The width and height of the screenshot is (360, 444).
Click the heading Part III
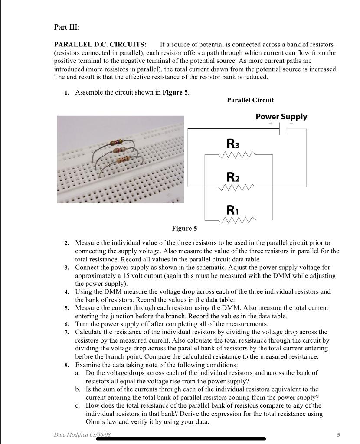click(x=67, y=27)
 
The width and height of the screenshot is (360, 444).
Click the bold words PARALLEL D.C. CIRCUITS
click(x=100, y=45)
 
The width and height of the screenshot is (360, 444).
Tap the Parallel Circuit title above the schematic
click(x=250, y=100)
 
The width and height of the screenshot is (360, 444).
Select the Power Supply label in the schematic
click(x=281, y=117)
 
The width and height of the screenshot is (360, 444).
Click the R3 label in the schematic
click(x=233, y=143)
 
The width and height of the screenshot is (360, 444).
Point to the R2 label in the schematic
click(x=233, y=177)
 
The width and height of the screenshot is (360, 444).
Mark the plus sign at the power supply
click(x=271, y=124)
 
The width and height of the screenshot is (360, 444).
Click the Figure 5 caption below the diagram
click(x=184, y=229)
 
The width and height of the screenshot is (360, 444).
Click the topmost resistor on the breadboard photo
click(x=115, y=142)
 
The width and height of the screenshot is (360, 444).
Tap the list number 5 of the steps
click(x=67, y=308)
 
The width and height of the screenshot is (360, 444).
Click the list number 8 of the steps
click(x=67, y=365)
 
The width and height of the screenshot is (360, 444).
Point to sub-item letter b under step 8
click(x=77, y=389)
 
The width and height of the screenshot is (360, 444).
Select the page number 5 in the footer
click(x=338, y=434)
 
